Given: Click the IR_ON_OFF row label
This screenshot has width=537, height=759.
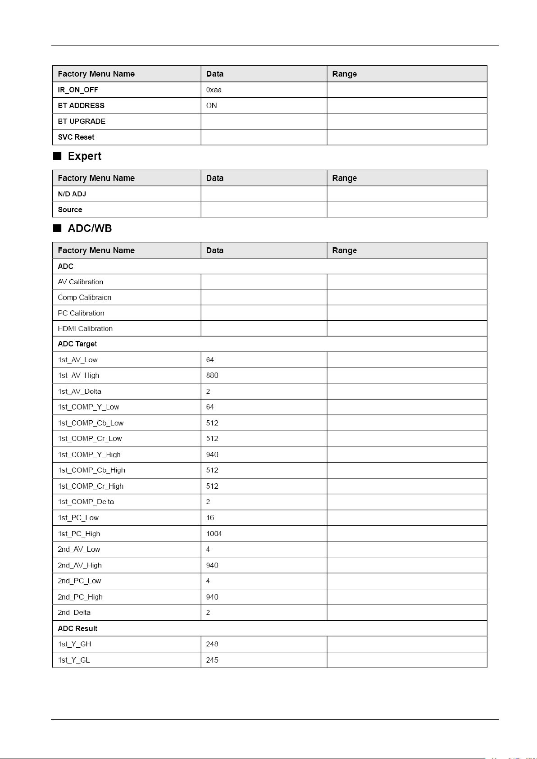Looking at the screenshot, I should tap(78, 90).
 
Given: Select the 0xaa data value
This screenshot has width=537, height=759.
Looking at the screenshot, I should tap(214, 90).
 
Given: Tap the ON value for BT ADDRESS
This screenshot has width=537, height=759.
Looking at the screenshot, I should tap(212, 105).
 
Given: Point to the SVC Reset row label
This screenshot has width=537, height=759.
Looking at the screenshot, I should tap(76, 137).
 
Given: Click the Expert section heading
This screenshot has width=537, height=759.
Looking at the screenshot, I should tap(85, 156).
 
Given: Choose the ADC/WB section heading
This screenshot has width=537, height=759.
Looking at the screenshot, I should tap(90, 228).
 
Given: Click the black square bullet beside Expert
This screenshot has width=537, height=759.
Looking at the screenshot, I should tap(57, 156).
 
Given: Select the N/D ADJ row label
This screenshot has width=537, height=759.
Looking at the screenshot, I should tap(72, 194).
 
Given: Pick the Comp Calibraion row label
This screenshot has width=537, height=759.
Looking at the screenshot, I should tap(85, 297).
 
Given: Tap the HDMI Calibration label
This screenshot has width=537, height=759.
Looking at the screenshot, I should tap(85, 328).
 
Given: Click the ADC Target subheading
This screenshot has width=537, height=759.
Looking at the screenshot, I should tap(77, 344).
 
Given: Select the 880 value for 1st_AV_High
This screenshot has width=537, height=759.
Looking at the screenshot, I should tap(212, 375).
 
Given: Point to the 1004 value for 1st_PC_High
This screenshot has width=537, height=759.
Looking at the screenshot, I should tap(214, 533).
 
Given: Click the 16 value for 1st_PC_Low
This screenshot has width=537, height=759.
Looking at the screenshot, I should tap(210, 518).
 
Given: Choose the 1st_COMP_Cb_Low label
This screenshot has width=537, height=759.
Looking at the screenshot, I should tap(91, 423).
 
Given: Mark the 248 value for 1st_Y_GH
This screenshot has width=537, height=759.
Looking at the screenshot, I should tap(212, 644).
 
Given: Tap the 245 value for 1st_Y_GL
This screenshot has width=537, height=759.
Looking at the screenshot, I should tap(212, 660).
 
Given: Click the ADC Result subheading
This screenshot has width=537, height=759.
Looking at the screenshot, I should tap(77, 628).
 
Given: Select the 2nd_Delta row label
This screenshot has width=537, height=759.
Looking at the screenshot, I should tap(74, 612).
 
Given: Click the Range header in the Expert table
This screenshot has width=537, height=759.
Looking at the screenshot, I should tap(345, 178).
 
